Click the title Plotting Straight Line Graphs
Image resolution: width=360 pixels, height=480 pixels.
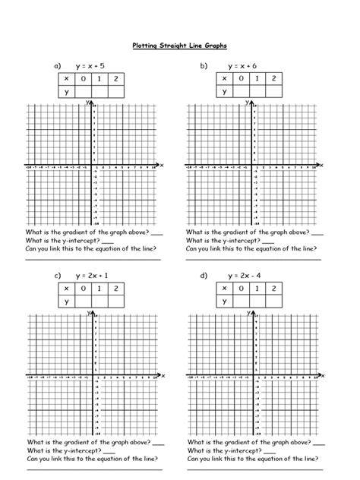click(179, 46)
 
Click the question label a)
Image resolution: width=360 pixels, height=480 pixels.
click(57, 66)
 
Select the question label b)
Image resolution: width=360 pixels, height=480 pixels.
click(204, 66)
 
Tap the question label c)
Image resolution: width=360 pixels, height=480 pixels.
click(57, 275)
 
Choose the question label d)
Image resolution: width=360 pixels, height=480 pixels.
click(204, 275)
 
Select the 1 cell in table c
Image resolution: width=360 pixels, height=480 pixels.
click(99, 288)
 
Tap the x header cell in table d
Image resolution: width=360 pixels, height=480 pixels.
click(225, 288)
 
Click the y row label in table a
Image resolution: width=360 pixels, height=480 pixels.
click(67, 92)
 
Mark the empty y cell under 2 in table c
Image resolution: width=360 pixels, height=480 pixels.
click(115, 301)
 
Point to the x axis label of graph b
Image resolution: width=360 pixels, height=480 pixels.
click(321, 165)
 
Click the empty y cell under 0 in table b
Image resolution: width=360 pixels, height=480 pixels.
click(241, 92)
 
